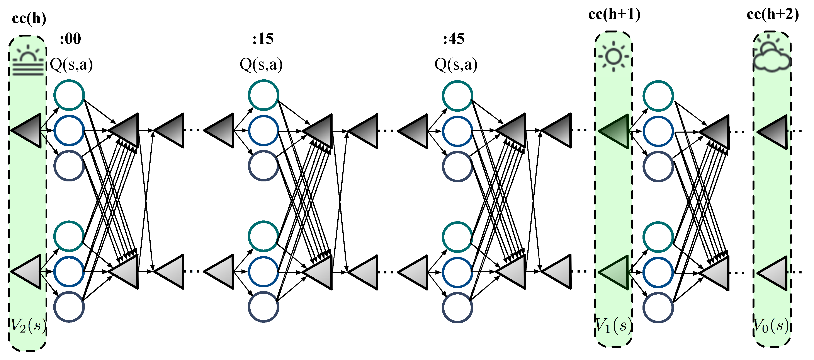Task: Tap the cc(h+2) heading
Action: [773, 15]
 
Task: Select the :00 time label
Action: [70, 39]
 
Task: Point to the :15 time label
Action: [263, 39]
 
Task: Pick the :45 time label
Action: [454, 39]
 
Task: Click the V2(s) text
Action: [28, 326]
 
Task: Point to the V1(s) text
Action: [613, 326]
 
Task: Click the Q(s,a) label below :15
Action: [261, 65]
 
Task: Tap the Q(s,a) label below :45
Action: [456, 65]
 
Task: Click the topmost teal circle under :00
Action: [69, 95]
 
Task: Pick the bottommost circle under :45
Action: [457, 307]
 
